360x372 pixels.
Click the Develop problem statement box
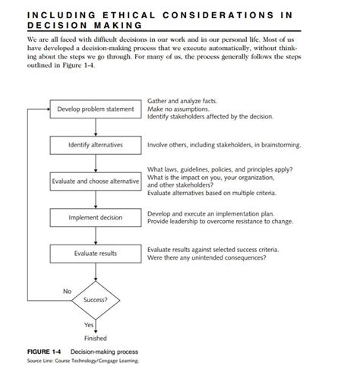pos(95,109)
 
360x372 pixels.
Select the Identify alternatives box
pos(95,145)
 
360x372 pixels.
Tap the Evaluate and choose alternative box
pos(95,181)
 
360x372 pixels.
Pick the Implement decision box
pos(95,217)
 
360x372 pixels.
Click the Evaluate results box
pos(95,253)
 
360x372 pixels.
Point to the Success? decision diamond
pos(95,299)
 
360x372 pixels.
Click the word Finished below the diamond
pos(95,338)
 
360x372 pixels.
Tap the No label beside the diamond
pos(67,291)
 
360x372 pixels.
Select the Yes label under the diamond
pos(87,325)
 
